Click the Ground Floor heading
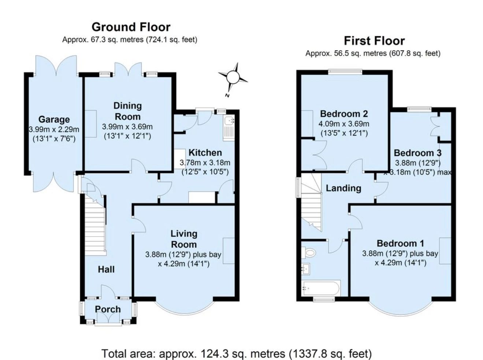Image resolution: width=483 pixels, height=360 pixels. pyautogui.click(x=131, y=27)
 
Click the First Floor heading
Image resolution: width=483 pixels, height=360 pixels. pyautogui.click(x=374, y=41)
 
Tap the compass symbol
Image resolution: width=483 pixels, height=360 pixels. pyautogui.click(x=233, y=78)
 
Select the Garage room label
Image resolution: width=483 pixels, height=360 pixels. pyautogui.click(x=54, y=119)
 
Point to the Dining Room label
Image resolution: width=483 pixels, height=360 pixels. pyautogui.click(x=127, y=111)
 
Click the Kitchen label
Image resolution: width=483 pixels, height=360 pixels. pyautogui.click(x=205, y=153)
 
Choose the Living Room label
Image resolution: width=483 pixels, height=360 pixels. pyautogui.click(x=184, y=239)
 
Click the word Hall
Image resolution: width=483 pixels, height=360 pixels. pyautogui.click(x=106, y=270)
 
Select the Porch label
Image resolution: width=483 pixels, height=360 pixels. pyautogui.click(x=108, y=309)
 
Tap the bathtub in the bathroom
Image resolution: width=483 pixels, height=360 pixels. pyautogui.click(x=321, y=288)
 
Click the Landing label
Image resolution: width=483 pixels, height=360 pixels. pyautogui.click(x=343, y=188)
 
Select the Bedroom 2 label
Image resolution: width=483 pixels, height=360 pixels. pyautogui.click(x=344, y=114)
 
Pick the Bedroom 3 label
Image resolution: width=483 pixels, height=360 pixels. pyautogui.click(x=417, y=153)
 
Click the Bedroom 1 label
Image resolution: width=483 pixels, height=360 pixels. pyautogui.click(x=400, y=244)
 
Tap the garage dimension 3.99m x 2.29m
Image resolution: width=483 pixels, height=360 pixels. pyautogui.click(x=54, y=129)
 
